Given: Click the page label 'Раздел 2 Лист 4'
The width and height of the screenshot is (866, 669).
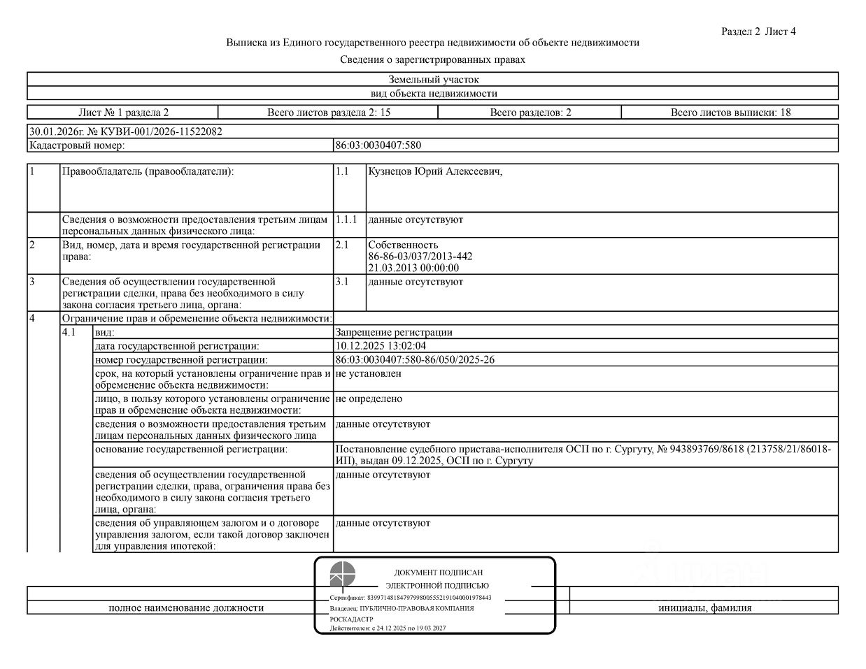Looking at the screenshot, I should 758,31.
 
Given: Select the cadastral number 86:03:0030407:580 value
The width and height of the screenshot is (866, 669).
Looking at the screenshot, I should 378,145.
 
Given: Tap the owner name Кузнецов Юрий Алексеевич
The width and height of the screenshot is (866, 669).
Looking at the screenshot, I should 435,172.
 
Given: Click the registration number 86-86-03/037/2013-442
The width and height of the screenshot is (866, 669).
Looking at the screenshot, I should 420,256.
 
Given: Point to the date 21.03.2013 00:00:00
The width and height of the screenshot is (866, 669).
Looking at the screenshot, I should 413,267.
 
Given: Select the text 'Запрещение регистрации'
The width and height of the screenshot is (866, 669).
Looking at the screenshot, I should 394,333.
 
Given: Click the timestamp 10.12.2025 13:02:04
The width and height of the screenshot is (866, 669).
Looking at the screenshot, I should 381,345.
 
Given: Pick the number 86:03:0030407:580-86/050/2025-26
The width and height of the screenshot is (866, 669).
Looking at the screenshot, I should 415,359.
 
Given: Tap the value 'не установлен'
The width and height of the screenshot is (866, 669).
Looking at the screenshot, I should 368,373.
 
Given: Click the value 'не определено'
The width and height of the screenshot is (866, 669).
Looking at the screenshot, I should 369,398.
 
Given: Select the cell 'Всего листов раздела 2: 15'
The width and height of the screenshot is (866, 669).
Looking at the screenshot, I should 328,112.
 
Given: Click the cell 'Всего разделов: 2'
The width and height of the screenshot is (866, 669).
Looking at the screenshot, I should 530,112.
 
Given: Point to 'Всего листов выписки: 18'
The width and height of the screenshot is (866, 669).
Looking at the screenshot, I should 730,112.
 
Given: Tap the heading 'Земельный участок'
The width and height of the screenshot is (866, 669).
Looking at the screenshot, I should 434,80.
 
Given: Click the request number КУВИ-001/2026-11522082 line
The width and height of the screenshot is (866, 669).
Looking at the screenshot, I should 126,131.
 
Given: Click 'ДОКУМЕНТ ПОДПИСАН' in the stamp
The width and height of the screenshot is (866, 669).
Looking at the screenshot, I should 439,573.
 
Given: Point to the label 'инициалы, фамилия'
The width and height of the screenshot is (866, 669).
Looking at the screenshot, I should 704,607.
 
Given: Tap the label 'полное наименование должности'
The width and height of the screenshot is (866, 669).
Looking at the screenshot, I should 186,607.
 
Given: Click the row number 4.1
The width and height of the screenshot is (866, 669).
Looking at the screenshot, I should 69,333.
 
